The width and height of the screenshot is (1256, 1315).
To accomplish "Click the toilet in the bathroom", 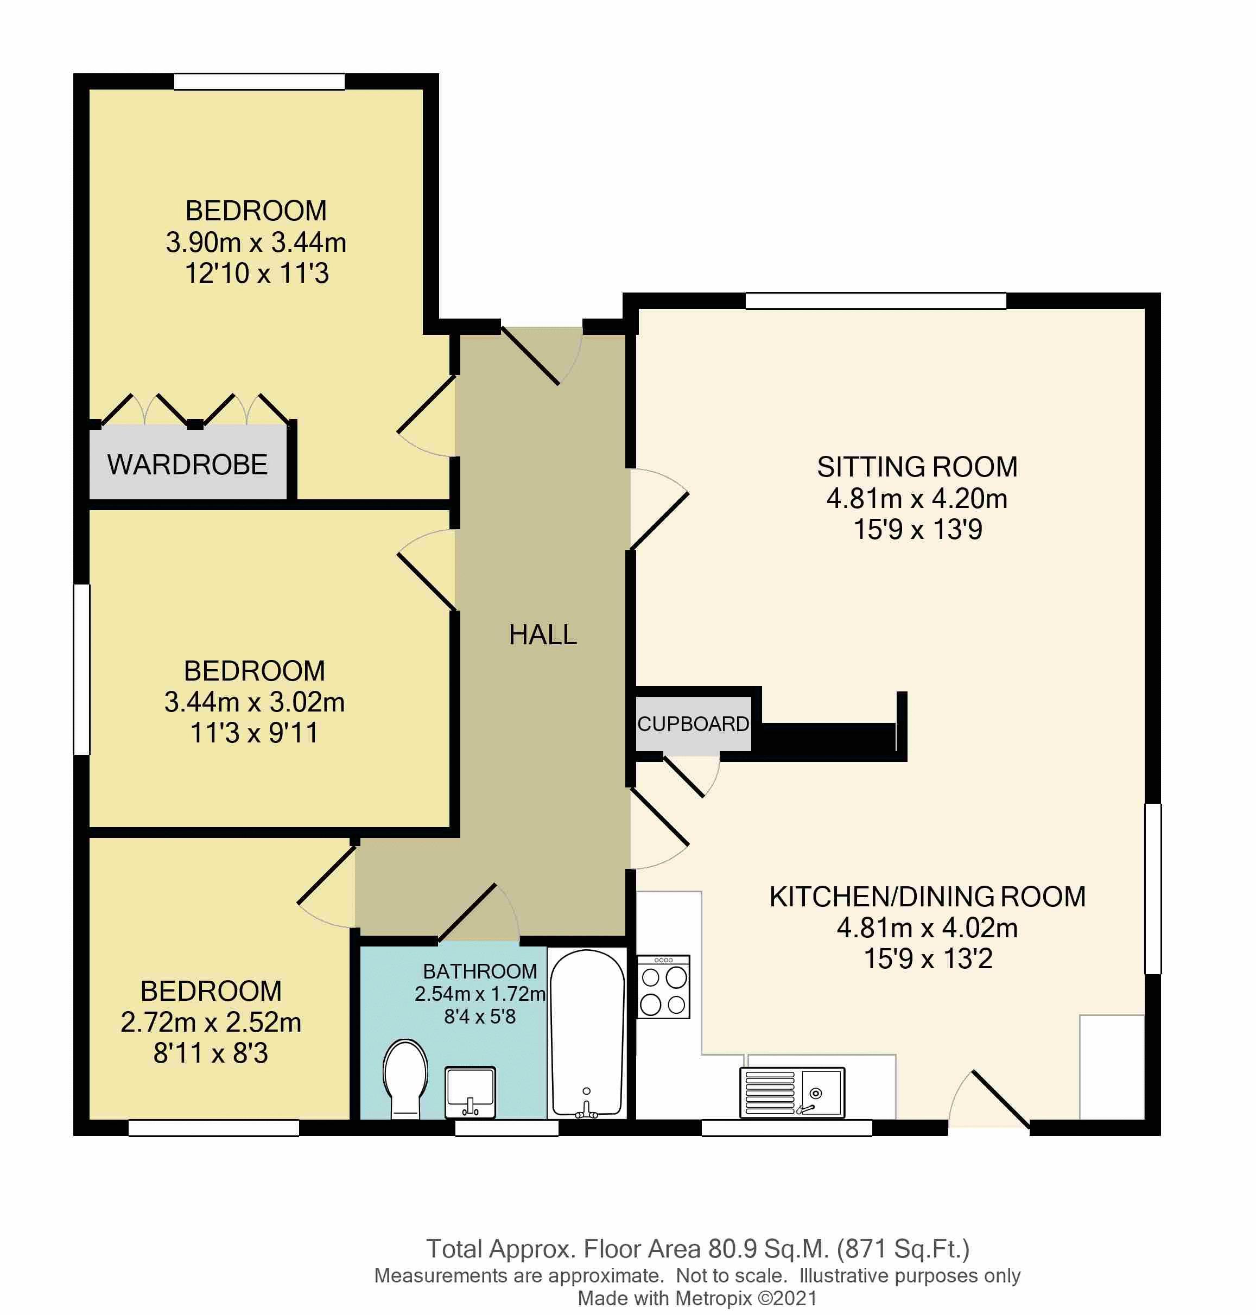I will pos(404,1077).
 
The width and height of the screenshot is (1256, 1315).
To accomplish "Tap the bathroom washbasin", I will pos(471,1091).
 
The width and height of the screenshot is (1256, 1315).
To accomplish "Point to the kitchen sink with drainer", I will pos(792,1092).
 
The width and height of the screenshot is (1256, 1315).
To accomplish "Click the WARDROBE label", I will pos(187,465).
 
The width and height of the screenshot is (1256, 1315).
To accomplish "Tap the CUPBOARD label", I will pos(693,724).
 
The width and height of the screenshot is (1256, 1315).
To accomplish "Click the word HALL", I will pos(542,635).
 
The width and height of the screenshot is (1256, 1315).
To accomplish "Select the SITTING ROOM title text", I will pos(917,467).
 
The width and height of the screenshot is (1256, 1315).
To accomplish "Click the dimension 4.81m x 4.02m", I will pos(927,928).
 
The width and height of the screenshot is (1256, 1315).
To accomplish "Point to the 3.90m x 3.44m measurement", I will pos(256,243).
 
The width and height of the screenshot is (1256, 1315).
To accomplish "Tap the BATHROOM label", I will pos(479,971).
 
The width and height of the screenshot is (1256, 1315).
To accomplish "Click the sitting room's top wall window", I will pos(875,301).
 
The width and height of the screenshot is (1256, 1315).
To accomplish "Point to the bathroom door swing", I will pos(479,914).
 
